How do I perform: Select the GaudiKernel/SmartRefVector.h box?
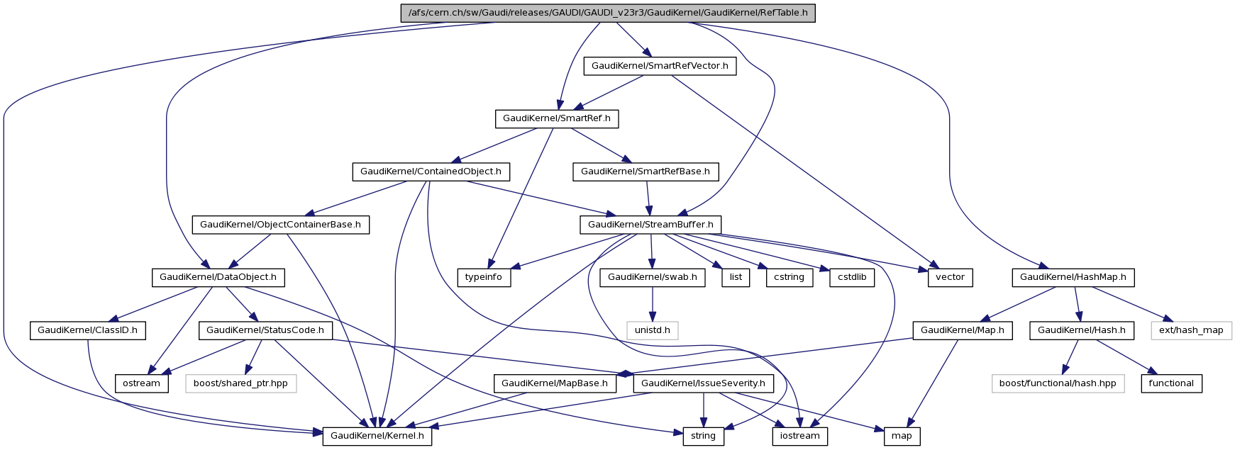660,66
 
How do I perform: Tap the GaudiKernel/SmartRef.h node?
556,118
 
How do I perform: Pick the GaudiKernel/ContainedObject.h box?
431,171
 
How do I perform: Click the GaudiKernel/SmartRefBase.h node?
646,171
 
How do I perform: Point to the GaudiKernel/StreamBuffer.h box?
650,225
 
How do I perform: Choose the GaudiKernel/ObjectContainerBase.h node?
280,225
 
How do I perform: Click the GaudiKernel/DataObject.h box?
218,277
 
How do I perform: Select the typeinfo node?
484,277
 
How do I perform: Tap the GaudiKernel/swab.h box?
652,277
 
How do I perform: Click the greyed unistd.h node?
652,330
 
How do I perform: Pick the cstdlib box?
851,277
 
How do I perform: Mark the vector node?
950,277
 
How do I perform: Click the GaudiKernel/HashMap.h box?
1073,277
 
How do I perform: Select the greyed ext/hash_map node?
1191,330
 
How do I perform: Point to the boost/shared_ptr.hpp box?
241,383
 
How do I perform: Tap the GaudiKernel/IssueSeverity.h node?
703,383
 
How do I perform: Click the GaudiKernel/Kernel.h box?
377,436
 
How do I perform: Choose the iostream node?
799,436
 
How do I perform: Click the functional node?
1171,383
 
